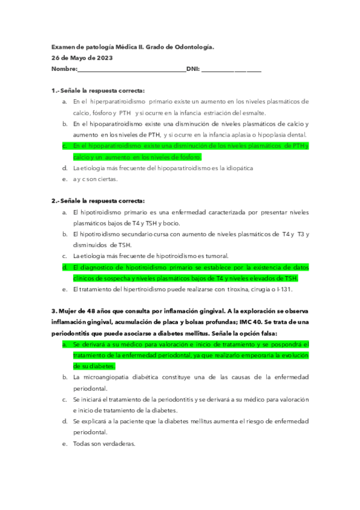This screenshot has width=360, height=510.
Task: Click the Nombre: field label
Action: pos(64,69)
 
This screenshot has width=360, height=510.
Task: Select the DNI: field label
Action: pos(193,69)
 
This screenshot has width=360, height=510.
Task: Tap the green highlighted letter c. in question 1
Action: pos(64,146)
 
